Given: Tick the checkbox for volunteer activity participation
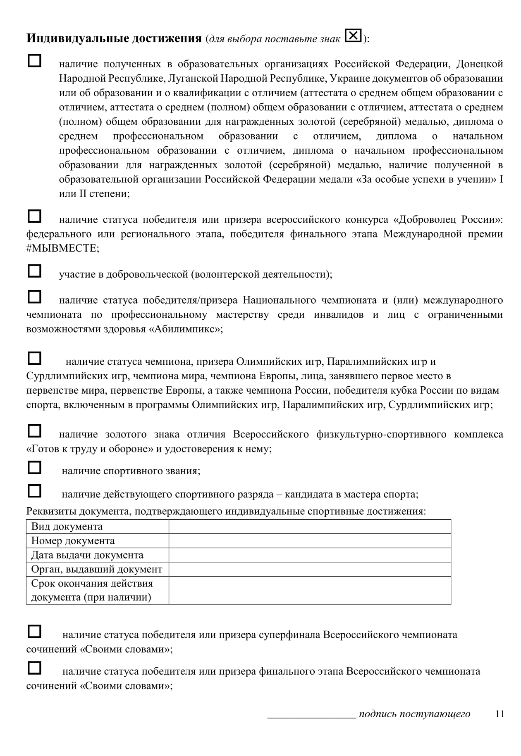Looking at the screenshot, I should point(34,271).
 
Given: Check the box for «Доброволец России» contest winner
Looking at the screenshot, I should point(34,216).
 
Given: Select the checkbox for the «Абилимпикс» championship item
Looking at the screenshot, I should point(34,297).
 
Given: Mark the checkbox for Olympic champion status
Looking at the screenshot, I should point(34,358).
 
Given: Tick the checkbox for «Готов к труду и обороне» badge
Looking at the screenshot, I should point(34,431).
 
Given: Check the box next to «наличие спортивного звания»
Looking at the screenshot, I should point(34,468).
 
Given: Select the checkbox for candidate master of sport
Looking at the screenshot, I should point(34,491).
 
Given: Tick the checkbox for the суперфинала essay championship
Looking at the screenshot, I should point(34,631).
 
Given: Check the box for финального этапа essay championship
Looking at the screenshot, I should point(34,668).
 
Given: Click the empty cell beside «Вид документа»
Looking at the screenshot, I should point(309,527).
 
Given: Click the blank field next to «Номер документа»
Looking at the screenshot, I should point(309,541).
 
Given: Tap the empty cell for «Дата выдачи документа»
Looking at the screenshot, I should point(309,555).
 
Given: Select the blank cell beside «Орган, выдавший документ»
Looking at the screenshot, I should point(309,569).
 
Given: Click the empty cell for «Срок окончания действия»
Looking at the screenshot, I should point(309,590).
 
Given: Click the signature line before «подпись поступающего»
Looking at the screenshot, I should point(312,714).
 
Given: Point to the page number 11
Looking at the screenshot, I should point(499,714).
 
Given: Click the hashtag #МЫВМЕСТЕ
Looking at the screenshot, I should point(63,248).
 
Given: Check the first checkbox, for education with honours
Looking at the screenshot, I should point(34,61).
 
